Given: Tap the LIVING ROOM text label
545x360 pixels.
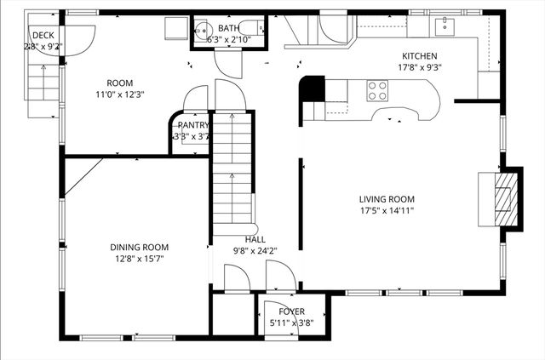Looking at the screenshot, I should click(x=387, y=198).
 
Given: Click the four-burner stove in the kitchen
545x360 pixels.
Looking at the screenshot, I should click(x=376, y=89).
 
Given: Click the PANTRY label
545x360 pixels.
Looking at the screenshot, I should click(x=193, y=125).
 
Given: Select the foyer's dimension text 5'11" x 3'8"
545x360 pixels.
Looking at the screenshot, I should click(x=291, y=323).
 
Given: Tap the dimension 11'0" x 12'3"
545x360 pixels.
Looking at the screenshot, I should click(x=119, y=94).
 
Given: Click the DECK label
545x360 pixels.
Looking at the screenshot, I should click(x=43, y=35).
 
